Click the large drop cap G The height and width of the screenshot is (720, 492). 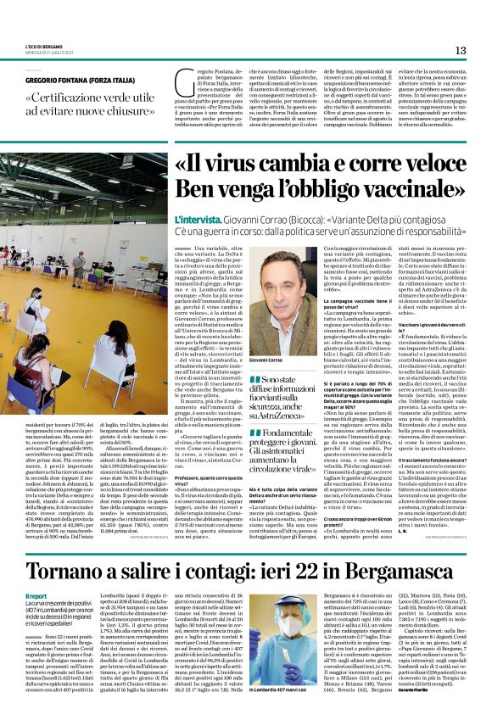184,83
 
